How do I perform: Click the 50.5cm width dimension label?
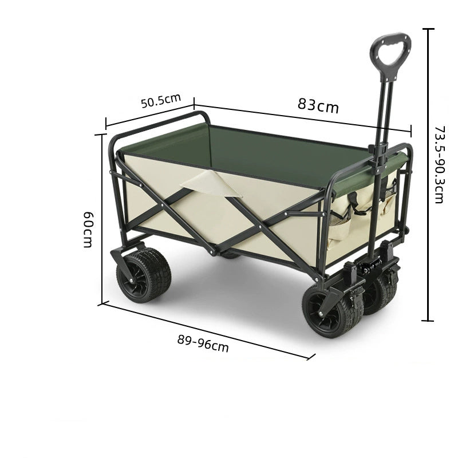point(161,101)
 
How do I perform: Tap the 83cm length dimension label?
point(318,105)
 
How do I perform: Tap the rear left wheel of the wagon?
point(144,274)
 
